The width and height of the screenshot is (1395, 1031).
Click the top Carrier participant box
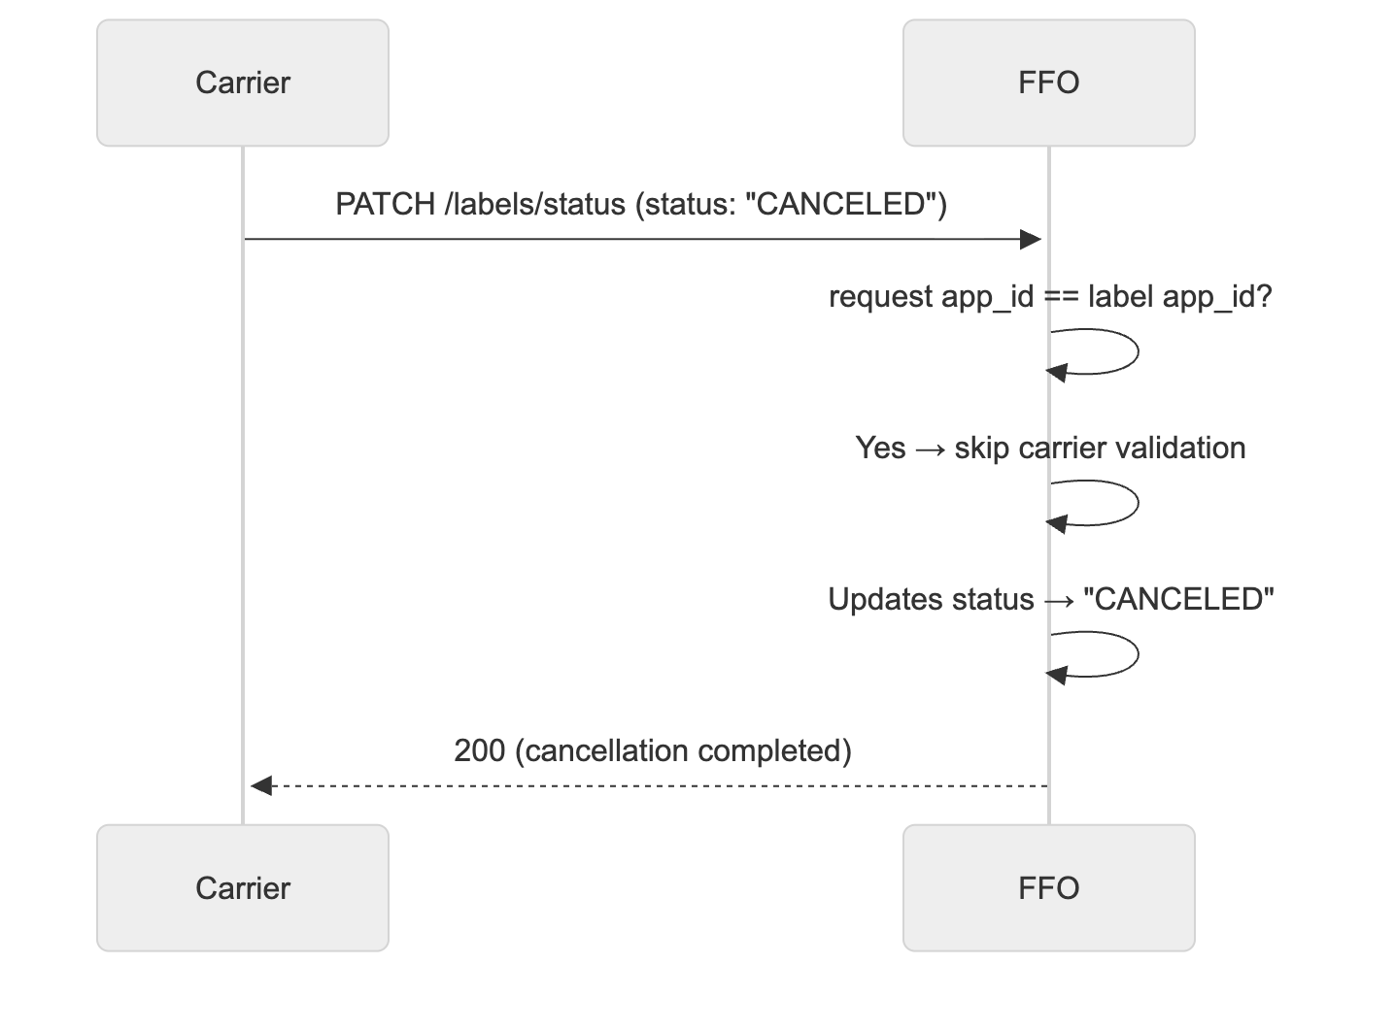(243, 83)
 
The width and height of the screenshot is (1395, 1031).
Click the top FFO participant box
(1048, 83)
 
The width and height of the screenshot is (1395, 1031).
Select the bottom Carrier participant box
(243, 887)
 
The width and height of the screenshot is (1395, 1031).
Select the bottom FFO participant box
(1048, 887)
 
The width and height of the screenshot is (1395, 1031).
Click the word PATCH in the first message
(385, 205)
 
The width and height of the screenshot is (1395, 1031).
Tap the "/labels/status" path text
(534, 205)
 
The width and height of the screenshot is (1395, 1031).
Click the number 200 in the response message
(479, 751)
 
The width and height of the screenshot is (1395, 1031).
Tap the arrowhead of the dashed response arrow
(260, 785)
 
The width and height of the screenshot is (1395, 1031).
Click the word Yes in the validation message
(880, 449)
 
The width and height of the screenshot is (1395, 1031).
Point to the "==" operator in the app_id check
(1061, 297)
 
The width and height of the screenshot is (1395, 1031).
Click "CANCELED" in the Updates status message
(1178, 600)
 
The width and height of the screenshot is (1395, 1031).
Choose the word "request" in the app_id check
(880, 297)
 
